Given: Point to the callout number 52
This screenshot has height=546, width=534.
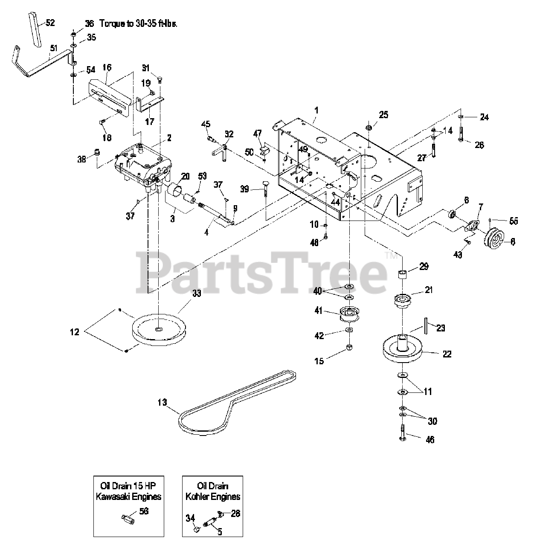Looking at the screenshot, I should [50, 23].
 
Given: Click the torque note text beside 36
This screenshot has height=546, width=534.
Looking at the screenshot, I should [138, 24].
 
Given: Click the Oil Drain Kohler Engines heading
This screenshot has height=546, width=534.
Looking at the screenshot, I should [212, 491].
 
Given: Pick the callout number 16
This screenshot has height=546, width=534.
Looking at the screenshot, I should [107, 67].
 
